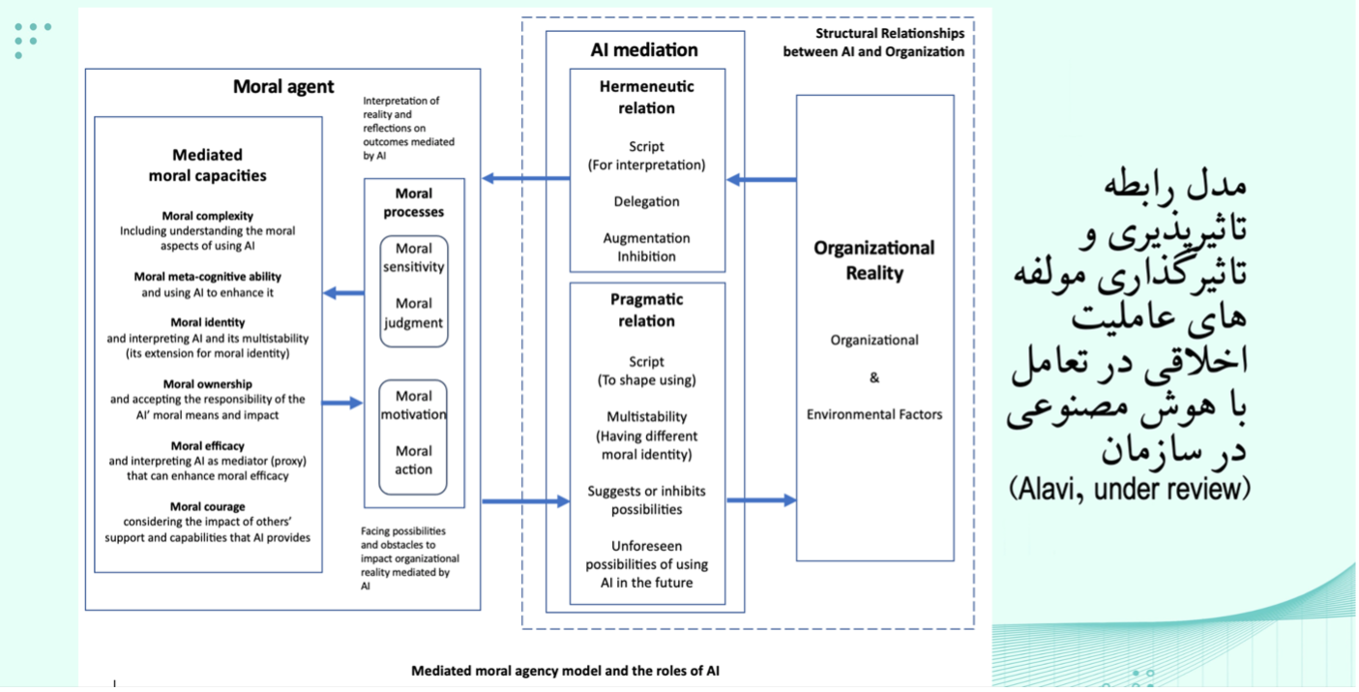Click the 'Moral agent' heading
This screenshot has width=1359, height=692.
click(x=283, y=87)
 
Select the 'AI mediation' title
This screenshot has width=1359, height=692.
click(x=644, y=50)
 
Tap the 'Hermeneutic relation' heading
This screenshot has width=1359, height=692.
click(x=646, y=97)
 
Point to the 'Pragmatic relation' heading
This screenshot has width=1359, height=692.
click(x=646, y=311)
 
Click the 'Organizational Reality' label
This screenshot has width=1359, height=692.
click(x=874, y=260)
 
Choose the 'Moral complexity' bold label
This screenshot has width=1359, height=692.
click(x=207, y=216)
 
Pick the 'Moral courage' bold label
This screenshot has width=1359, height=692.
click(x=207, y=506)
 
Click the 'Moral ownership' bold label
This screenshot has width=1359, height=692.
click(x=207, y=384)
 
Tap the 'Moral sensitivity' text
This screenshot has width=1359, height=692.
click(x=413, y=258)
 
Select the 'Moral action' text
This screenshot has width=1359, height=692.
click(x=413, y=460)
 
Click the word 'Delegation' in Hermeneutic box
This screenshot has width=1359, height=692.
click(x=646, y=201)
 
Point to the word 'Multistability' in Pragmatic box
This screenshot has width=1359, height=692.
click(x=646, y=416)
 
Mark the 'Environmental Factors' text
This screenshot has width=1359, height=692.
click(x=874, y=414)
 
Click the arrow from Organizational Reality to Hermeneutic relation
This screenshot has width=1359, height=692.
click(x=761, y=179)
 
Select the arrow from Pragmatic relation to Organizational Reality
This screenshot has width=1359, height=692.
click(x=761, y=500)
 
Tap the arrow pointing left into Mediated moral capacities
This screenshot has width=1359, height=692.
click(x=343, y=292)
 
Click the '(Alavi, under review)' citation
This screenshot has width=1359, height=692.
click(x=1130, y=488)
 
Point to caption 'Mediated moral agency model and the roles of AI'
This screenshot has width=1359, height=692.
click(x=565, y=671)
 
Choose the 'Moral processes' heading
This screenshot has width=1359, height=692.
click(x=413, y=202)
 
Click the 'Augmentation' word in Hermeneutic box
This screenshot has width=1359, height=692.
click(x=646, y=238)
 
